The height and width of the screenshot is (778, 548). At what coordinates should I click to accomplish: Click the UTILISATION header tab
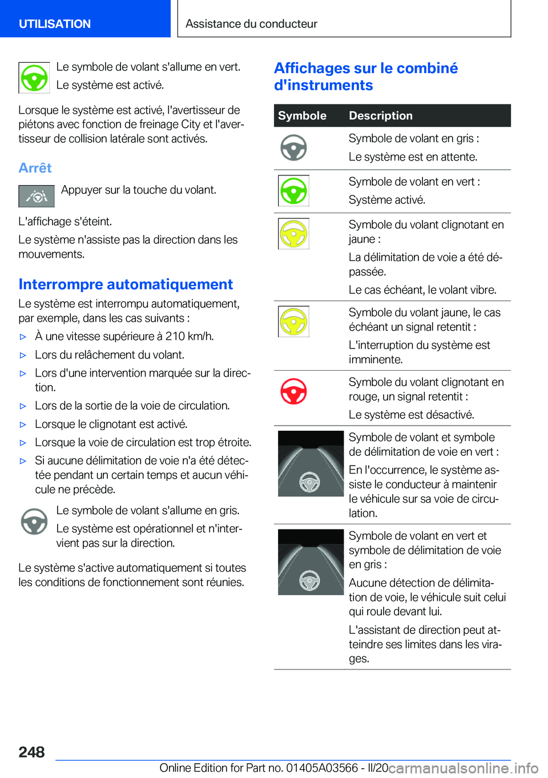click(x=55, y=24)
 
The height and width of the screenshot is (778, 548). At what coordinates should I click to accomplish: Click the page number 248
click(x=31, y=752)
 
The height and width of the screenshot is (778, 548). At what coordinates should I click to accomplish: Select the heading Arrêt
click(x=35, y=168)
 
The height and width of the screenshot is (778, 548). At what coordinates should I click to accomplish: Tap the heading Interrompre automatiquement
click(x=126, y=284)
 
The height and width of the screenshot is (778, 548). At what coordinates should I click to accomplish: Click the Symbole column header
click(x=302, y=115)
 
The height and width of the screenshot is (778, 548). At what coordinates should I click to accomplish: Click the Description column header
click(x=381, y=115)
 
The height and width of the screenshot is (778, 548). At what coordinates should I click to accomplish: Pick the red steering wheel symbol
click(x=294, y=392)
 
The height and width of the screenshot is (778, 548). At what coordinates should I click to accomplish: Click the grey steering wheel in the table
click(x=294, y=148)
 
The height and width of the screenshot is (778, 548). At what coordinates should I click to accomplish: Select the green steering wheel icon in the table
click(x=294, y=191)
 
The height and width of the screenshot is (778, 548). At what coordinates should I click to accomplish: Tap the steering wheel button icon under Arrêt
click(x=37, y=196)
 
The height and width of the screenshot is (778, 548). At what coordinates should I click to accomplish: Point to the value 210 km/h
click(x=188, y=336)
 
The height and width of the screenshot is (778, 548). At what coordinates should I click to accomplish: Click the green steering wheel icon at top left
click(x=34, y=78)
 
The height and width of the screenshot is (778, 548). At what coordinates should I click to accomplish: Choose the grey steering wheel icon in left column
click(x=34, y=522)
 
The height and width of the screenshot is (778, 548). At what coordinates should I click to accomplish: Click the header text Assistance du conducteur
click(x=251, y=24)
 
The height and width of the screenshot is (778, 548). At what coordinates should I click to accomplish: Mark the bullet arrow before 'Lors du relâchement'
click(x=23, y=355)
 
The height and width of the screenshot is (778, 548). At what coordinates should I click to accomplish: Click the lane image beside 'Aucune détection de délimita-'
click(x=311, y=562)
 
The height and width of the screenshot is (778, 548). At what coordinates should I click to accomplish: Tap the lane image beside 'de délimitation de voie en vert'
click(x=311, y=463)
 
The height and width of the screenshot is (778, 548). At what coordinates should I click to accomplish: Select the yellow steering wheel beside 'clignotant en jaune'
click(x=294, y=234)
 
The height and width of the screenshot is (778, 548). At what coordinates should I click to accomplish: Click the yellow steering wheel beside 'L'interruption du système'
click(x=294, y=322)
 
